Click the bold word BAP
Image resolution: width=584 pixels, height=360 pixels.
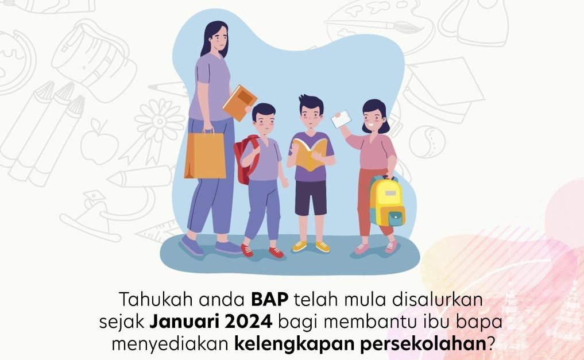[270, 299]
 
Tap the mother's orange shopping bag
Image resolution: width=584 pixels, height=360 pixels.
[205, 154]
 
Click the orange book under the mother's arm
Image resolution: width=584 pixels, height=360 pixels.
[239, 103]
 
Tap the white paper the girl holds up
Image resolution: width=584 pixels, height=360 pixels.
[341, 119]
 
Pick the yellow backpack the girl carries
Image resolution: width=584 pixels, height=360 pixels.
[387, 202]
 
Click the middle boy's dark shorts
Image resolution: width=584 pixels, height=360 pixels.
[311, 198]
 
